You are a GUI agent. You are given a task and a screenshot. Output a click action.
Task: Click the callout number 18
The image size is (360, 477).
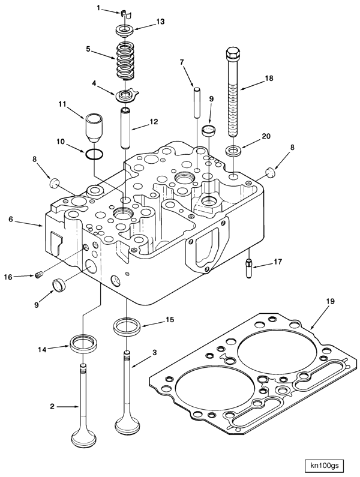269,78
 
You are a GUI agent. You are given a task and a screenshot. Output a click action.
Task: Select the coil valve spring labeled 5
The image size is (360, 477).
125,61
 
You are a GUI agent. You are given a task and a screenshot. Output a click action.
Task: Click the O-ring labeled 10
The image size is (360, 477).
92,155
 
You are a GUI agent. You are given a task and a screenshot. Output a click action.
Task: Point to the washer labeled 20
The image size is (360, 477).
234,149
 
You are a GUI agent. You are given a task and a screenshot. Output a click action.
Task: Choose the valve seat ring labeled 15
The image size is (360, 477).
127,328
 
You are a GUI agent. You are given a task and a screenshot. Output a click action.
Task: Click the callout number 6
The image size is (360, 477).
11,220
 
